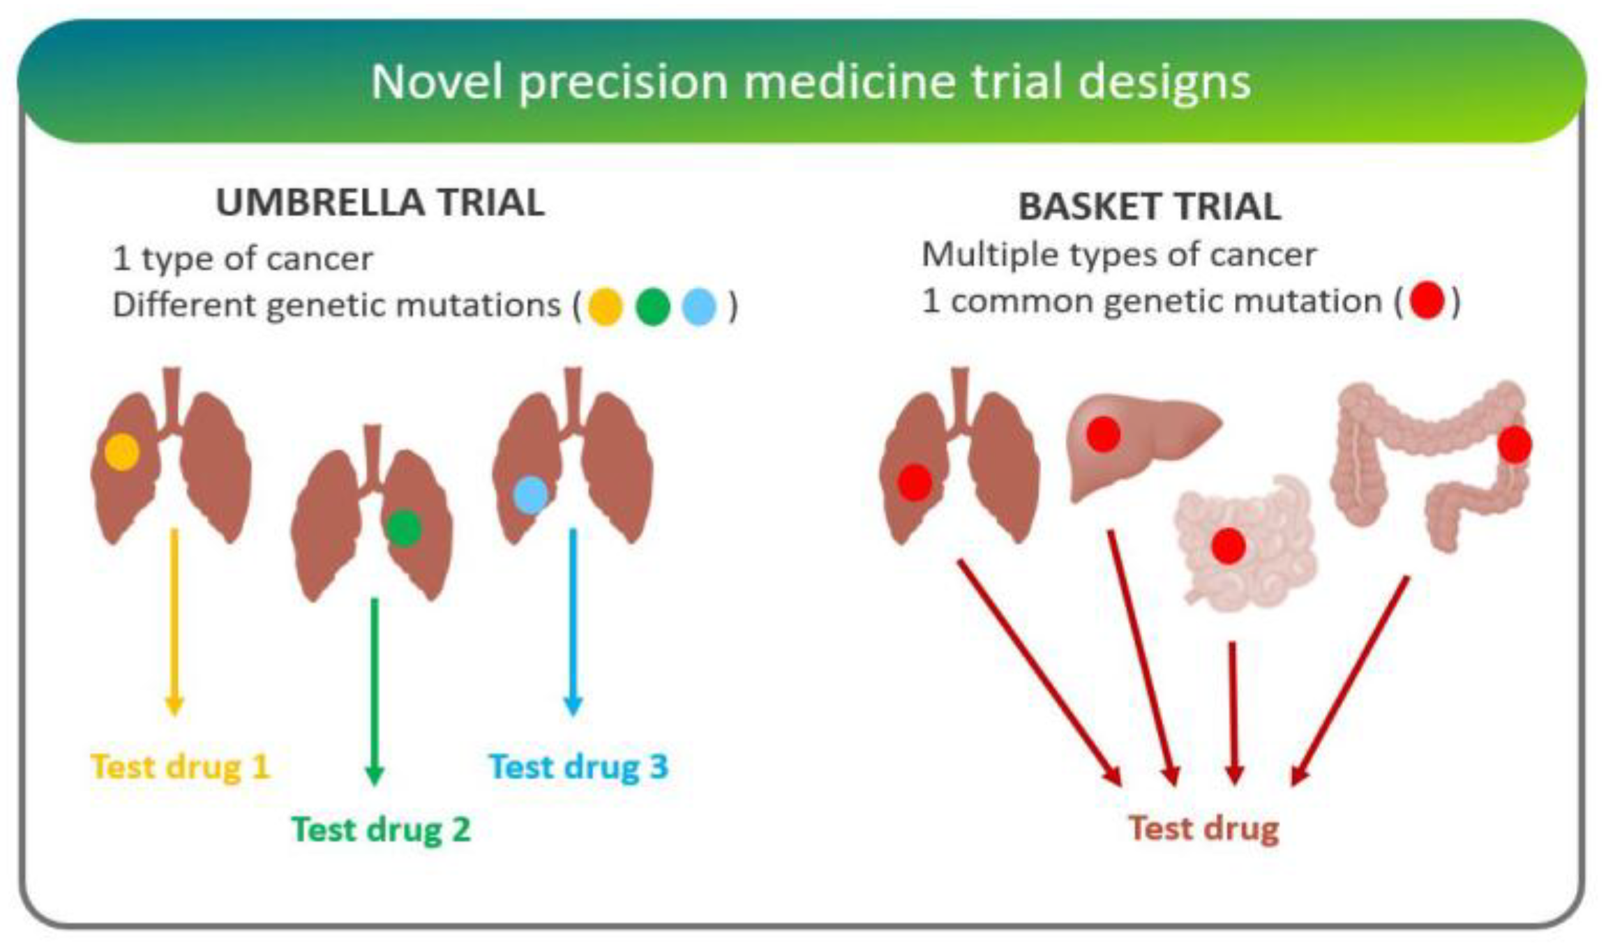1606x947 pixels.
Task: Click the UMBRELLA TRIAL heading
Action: coord(380,203)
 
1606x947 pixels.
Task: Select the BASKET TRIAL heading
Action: coord(1149,206)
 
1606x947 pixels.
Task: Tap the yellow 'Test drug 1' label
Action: coord(180,766)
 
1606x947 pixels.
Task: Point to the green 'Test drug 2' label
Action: coord(381,829)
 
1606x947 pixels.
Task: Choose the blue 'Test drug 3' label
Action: coord(578,766)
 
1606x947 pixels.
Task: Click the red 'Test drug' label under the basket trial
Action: coord(1203,828)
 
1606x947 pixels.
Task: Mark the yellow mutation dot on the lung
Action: coord(122,451)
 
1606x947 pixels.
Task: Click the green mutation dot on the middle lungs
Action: coord(404,527)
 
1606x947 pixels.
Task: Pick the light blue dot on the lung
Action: coord(531,495)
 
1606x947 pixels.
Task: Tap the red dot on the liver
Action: coord(1103,434)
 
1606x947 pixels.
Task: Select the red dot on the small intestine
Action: coord(1229,545)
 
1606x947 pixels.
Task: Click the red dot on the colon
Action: coord(1515,444)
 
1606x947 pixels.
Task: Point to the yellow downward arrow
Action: coord(174,621)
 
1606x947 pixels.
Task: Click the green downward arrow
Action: coord(375,690)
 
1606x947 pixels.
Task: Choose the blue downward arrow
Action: coord(573,621)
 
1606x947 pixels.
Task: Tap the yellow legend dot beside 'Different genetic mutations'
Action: coord(605,308)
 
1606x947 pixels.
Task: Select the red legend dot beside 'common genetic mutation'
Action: coord(1427,301)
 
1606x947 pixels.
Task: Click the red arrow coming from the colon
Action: coord(1350,680)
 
